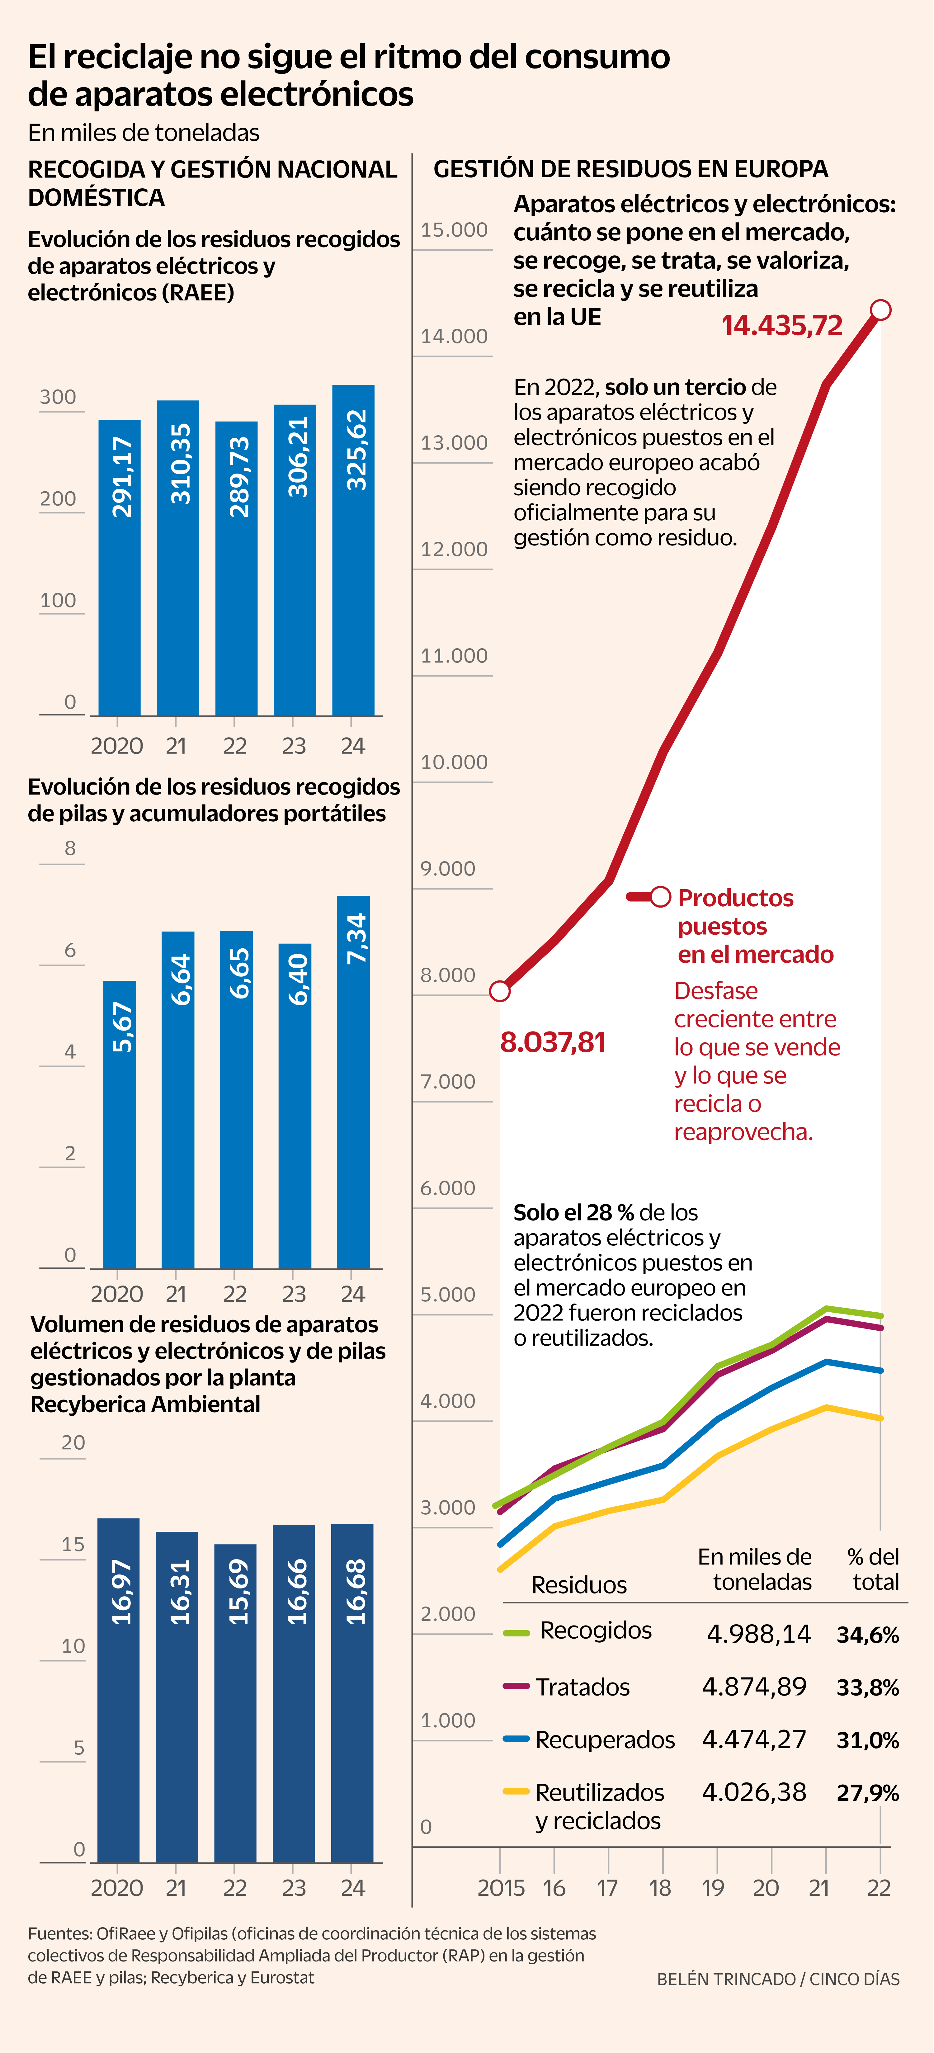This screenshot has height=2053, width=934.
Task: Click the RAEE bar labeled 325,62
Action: (353, 550)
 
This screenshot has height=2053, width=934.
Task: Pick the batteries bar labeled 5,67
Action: (120, 1124)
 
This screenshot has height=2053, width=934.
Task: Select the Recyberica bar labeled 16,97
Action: (119, 1690)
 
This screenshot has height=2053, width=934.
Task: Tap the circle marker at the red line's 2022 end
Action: (880, 310)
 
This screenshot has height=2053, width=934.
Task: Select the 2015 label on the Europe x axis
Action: (501, 1888)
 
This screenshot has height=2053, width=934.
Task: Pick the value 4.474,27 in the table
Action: (754, 1739)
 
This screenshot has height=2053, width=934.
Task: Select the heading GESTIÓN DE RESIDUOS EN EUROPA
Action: (630, 169)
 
